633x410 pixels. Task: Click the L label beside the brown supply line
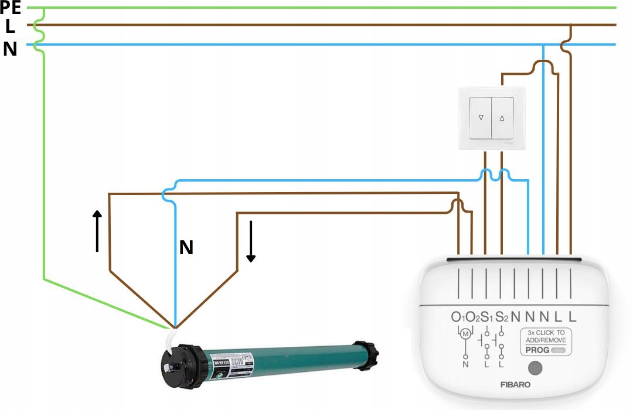10,26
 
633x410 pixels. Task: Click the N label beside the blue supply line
10,49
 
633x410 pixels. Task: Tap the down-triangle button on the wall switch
481,117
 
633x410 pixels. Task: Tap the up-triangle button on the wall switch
502,117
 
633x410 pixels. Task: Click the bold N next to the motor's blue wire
186,248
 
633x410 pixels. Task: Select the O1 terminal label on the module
458,317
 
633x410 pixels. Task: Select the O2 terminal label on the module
472,317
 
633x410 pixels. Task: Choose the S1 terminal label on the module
486,317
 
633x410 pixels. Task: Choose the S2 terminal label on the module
502,317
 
